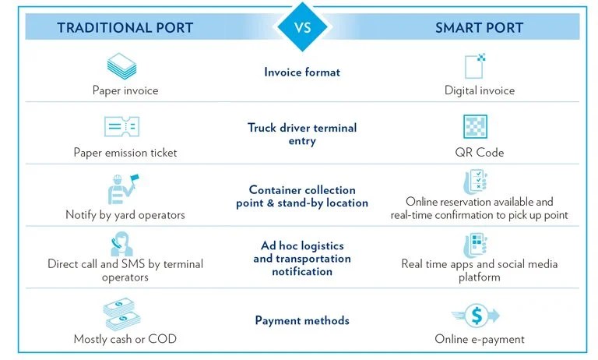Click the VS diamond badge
click(302, 26)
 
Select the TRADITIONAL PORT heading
click(125, 27)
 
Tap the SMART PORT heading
click(480, 27)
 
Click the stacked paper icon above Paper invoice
click(121, 66)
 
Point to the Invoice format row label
click(302, 72)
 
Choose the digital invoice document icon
click(475, 66)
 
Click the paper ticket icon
click(121, 126)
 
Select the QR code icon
click(475, 126)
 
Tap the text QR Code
click(480, 152)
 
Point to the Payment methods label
click(302, 320)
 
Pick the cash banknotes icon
click(122, 314)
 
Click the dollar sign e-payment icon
click(476, 316)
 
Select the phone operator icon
click(121, 244)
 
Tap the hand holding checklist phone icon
click(475, 182)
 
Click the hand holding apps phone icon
click(475, 245)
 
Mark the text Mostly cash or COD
click(125, 339)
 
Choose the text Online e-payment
click(480, 339)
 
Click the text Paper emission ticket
click(125, 152)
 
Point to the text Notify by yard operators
click(125, 214)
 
